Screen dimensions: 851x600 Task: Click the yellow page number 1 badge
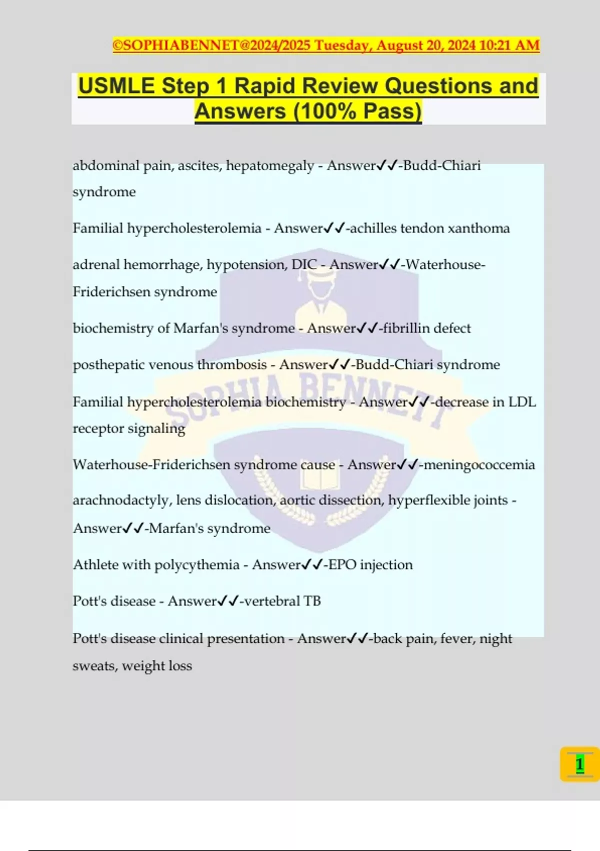point(579,764)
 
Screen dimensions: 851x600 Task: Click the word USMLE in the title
point(116,86)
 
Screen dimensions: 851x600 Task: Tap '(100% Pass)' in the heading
point(358,111)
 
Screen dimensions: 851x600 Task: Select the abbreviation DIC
point(304,264)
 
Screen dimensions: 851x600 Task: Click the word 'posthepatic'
point(106,365)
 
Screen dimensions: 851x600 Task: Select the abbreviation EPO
point(342,565)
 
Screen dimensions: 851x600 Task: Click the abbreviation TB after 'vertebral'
point(312,601)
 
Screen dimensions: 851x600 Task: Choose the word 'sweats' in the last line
point(94,666)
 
